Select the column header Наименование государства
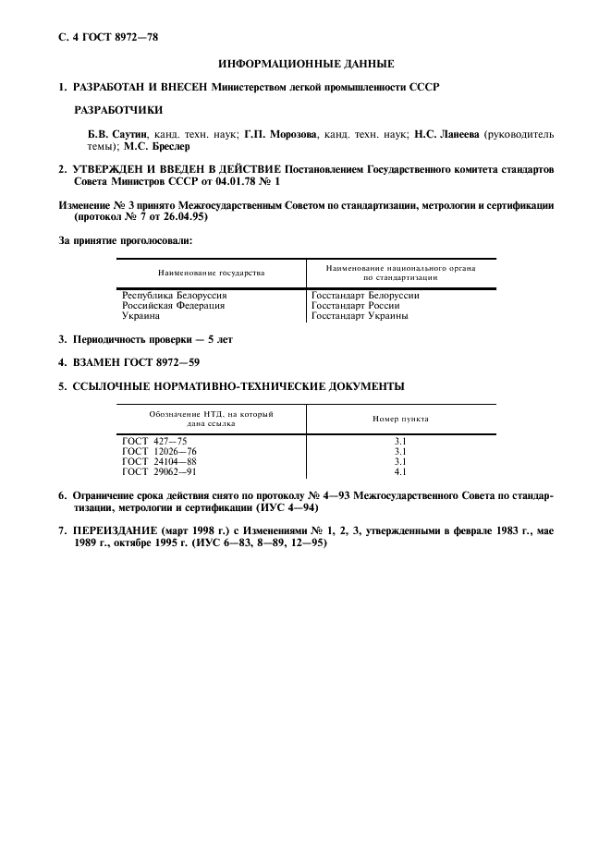[212, 274]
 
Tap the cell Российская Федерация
[174, 306]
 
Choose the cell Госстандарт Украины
[360, 316]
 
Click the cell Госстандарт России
[356, 306]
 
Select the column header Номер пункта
[400, 419]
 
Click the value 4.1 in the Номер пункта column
[400, 470]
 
